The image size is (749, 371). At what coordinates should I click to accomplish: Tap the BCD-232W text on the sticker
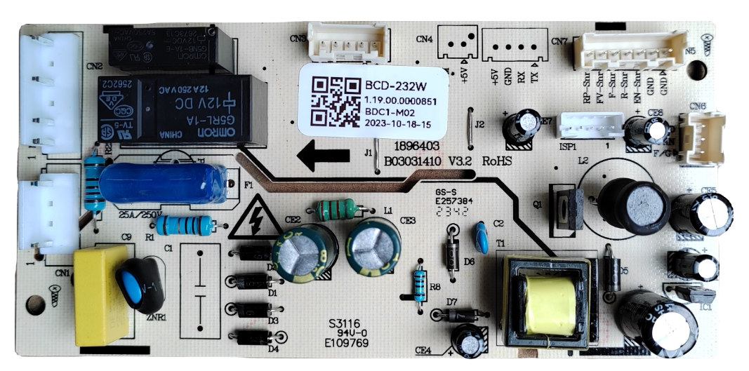[396, 86]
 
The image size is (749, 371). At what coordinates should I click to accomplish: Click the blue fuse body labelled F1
[163, 184]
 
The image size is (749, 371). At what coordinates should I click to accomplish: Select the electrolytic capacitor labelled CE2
[304, 250]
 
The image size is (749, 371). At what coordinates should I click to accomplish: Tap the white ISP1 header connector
[591, 127]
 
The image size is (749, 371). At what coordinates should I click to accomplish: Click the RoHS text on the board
[497, 161]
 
